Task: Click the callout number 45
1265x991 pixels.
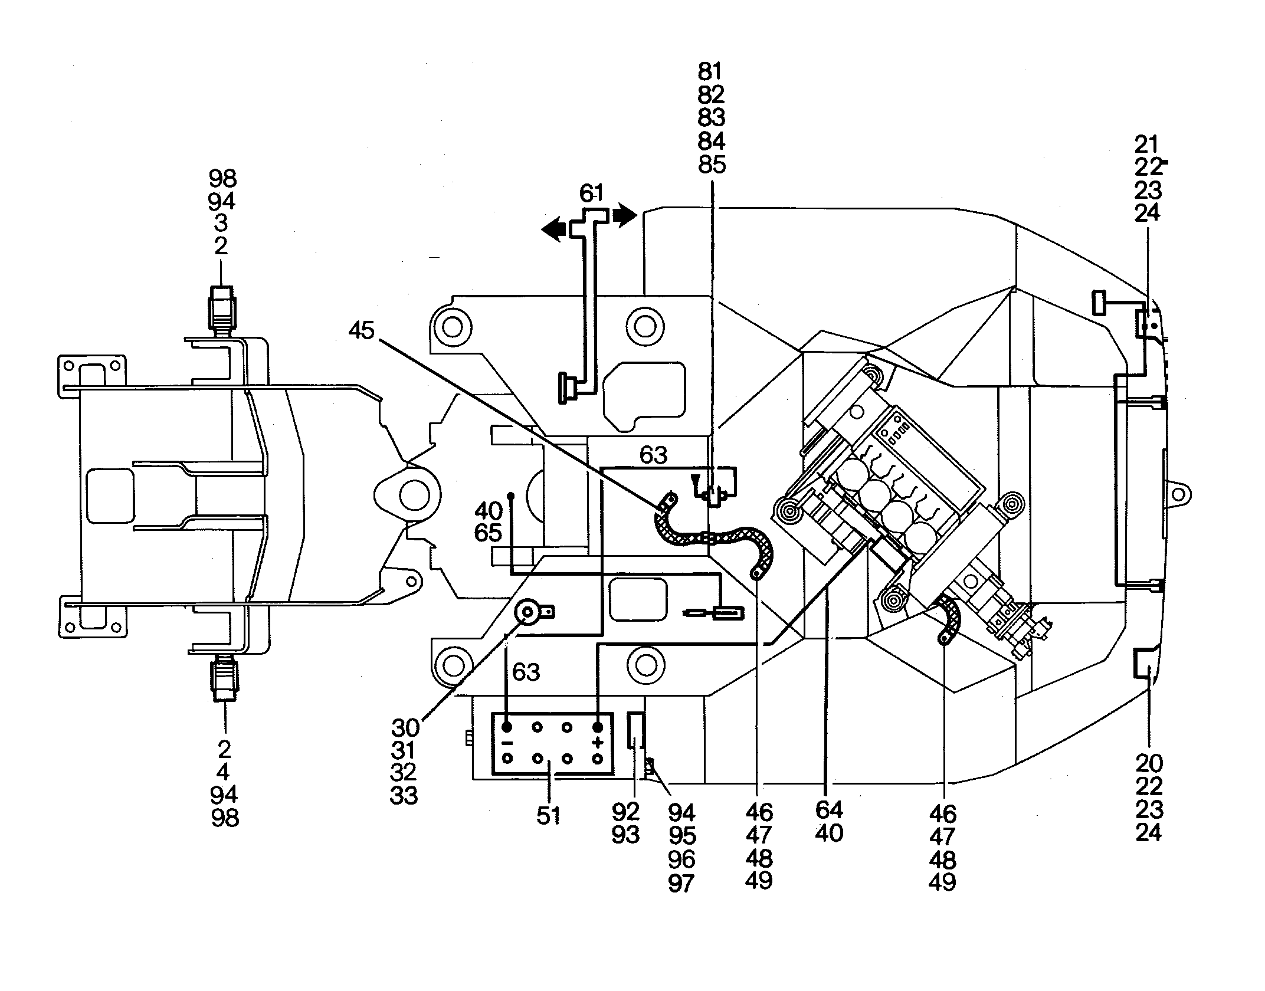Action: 361,330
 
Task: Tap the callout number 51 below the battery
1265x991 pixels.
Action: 548,816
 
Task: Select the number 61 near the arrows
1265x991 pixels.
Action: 591,193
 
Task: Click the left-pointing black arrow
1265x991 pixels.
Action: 555,229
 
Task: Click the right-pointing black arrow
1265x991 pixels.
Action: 625,215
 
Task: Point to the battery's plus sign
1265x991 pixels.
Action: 599,742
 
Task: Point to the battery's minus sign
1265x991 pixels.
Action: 507,742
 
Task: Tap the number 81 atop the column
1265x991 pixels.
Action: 710,71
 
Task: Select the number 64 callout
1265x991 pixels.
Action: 829,810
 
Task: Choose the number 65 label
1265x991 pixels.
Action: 488,533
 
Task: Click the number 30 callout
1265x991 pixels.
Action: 405,727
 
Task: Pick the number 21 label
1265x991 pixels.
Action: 1147,145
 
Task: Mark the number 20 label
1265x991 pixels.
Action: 1148,764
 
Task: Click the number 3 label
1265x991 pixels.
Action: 221,223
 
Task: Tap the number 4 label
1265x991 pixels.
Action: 223,772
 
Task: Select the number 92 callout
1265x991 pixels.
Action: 626,812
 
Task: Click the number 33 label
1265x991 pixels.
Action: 404,796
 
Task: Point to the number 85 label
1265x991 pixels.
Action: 711,165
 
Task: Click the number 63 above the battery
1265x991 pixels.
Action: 526,672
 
